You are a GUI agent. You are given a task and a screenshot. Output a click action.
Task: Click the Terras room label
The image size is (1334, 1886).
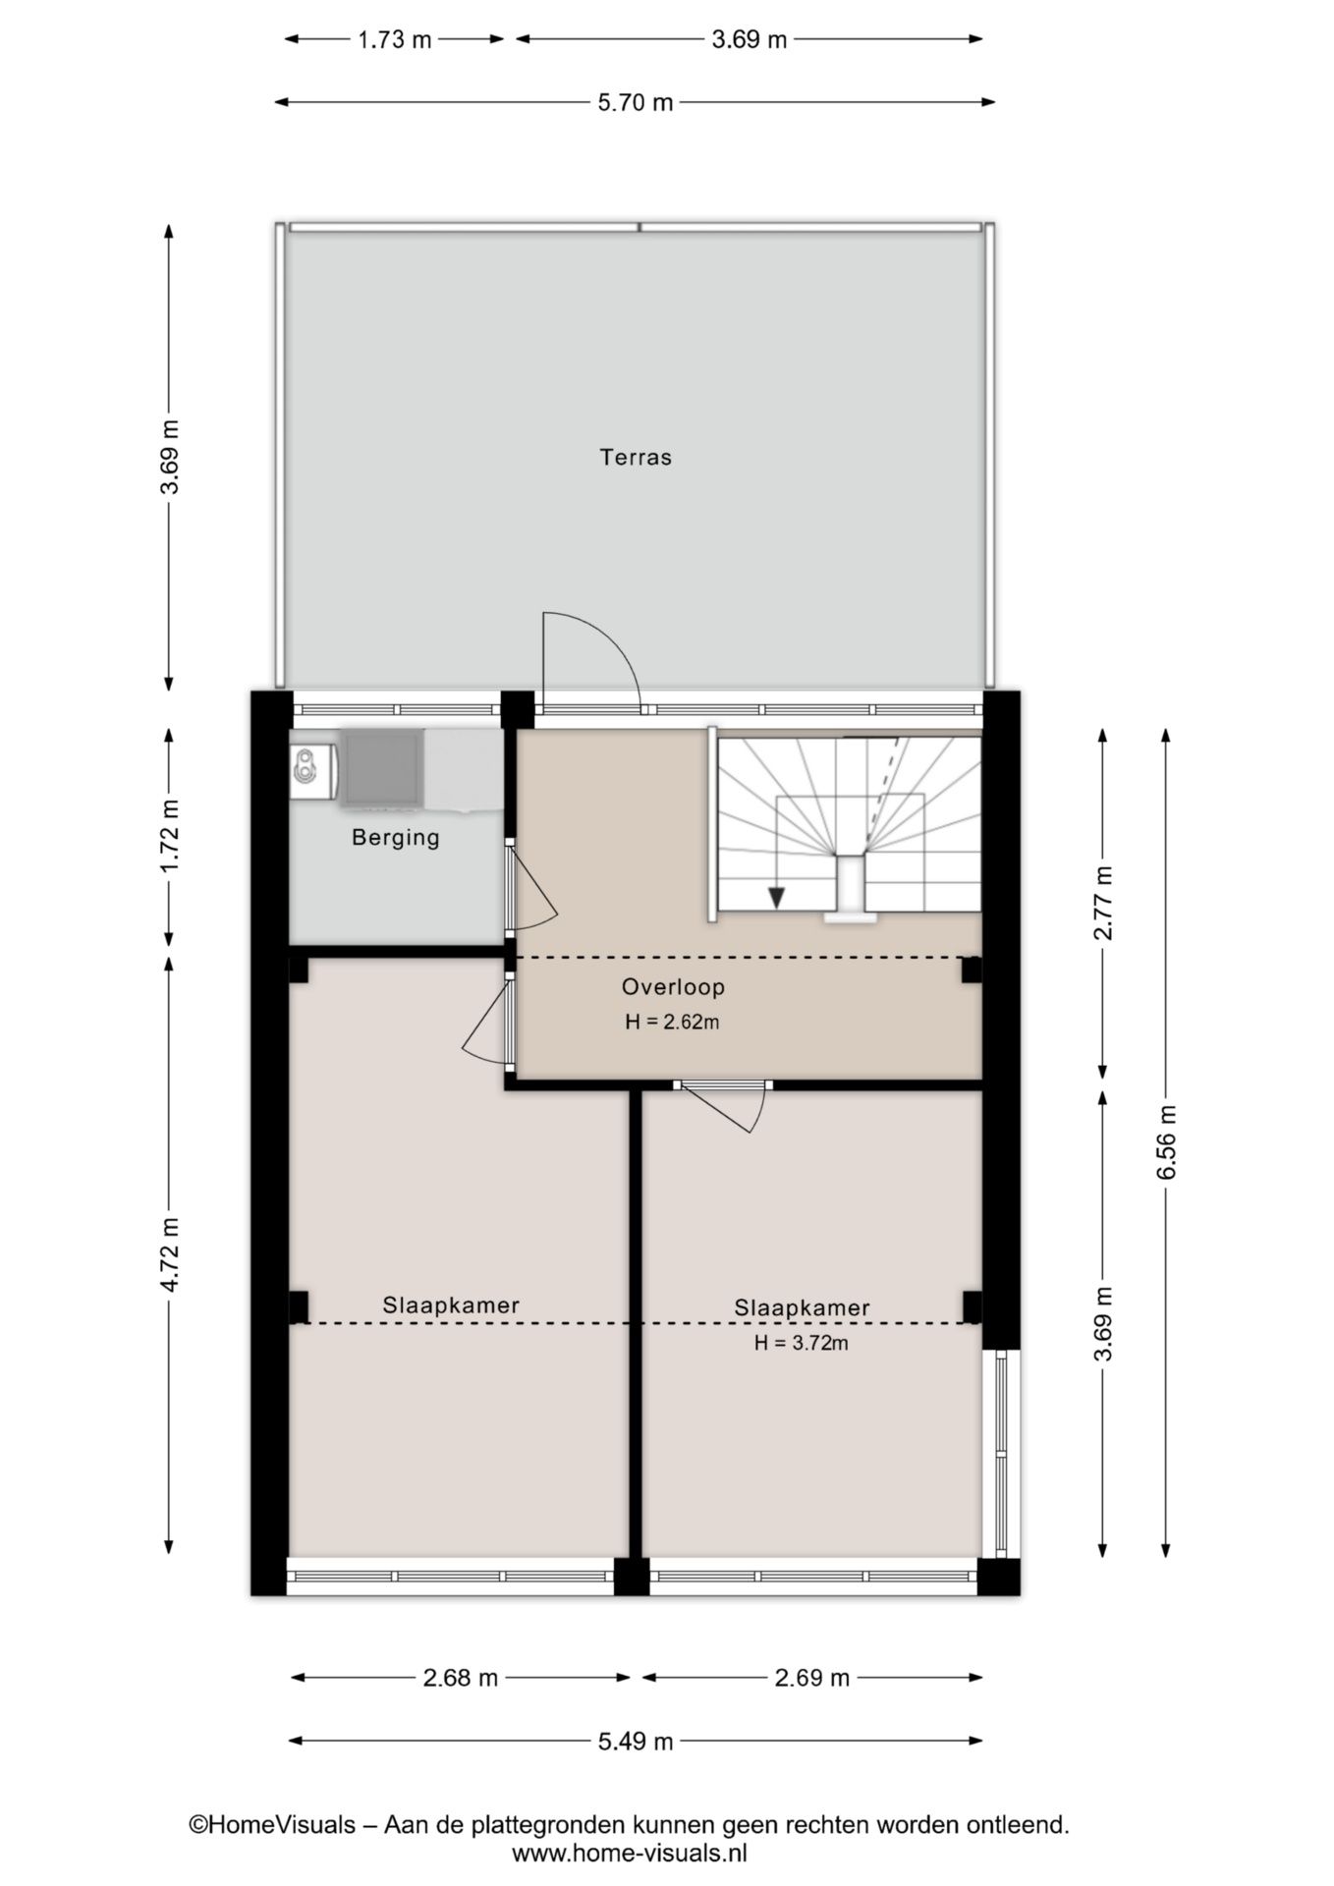pyautogui.click(x=636, y=457)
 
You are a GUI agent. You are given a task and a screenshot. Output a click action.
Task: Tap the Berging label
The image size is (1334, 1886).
pyautogui.click(x=396, y=838)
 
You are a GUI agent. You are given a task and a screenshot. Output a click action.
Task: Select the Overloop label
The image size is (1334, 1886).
pyautogui.click(x=673, y=987)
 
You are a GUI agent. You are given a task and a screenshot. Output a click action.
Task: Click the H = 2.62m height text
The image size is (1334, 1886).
pyautogui.click(x=672, y=1022)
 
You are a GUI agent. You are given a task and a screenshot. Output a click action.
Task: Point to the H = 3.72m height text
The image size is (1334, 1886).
pyautogui.click(x=801, y=1343)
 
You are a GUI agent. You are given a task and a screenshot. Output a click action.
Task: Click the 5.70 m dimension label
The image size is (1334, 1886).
pyautogui.click(x=636, y=102)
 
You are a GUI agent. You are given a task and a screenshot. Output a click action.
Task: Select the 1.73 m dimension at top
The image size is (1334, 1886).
pyautogui.click(x=394, y=40)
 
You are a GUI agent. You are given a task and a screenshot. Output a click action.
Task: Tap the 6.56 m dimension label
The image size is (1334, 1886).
pyautogui.click(x=1166, y=1142)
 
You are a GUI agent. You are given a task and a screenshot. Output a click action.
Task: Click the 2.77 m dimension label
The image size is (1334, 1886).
pyautogui.click(x=1103, y=903)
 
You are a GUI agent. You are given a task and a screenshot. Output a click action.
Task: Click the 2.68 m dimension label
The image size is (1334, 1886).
pyautogui.click(x=461, y=1678)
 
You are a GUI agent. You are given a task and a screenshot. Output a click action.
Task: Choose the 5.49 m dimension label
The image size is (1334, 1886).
pyautogui.click(x=636, y=1742)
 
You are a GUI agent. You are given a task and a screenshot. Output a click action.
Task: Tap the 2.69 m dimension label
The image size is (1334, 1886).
pyautogui.click(x=811, y=1678)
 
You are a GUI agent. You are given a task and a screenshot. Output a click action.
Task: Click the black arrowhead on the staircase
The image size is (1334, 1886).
pyautogui.click(x=776, y=898)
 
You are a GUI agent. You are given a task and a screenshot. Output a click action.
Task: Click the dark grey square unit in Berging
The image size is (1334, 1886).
pyautogui.click(x=383, y=769)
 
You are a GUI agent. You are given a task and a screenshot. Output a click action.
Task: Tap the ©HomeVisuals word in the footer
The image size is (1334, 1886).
pyautogui.click(x=272, y=1825)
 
